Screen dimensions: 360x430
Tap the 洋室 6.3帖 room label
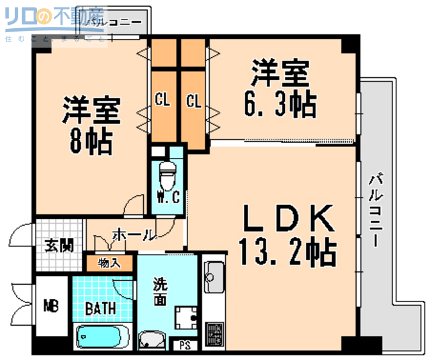[x=279, y=89]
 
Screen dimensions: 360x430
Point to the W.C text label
[x=167, y=197]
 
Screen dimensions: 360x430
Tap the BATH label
[x=101, y=308]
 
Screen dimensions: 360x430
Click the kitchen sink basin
[x=214, y=275]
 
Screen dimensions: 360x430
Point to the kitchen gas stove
[x=215, y=332]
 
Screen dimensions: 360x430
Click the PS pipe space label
[x=185, y=347]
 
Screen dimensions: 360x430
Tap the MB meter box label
[x=51, y=307]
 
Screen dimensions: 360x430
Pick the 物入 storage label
[x=109, y=262]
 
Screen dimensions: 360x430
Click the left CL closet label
[x=162, y=101]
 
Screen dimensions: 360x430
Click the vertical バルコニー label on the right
[x=376, y=208]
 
